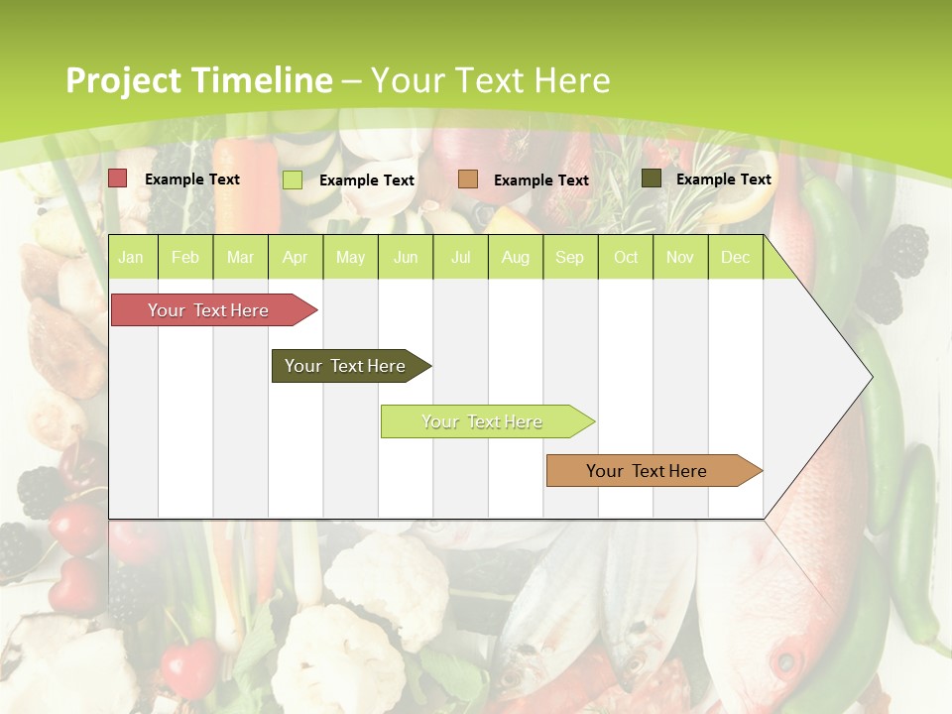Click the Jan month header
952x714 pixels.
(x=131, y=258)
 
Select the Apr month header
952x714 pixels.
(x=295, y=258)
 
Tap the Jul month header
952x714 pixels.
(x=460, y=258)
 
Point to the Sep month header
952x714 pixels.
(x=569, y=258)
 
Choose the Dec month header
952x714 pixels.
(x=735, y=258)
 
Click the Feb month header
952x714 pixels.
(x=185, y=258)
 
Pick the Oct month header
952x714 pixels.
(x=626, y=258)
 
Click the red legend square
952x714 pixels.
(x=118, y=178)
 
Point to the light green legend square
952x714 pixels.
(x=293, y=179)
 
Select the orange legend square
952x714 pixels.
(x=468, y=179)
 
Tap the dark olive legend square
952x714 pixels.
(x=652, y=178)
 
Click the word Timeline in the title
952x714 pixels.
(x=262, y=80)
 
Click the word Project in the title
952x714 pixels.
(x=123, y=80)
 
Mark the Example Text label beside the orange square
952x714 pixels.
(x=540, y=180)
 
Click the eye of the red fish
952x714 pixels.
(x=785, y=660)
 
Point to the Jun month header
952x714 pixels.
(x=406, y=258)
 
